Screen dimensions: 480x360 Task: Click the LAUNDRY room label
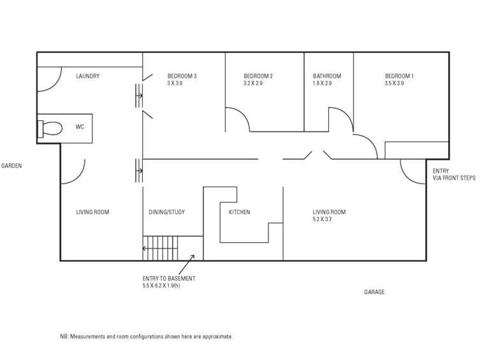87,76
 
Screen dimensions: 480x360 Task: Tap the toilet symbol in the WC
50,129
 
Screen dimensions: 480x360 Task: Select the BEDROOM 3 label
182,76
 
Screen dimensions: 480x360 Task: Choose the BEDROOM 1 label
399,76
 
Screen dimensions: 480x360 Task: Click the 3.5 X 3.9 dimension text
394,83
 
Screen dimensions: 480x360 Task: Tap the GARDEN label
11,166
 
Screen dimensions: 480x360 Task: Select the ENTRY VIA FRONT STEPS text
454,175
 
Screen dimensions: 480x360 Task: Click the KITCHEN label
239,212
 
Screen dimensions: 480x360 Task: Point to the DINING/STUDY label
166,212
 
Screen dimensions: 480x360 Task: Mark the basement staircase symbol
160,247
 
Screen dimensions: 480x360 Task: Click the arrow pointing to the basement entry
189,261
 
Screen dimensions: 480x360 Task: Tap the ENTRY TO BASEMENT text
169,278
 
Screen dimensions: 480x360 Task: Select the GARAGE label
374,292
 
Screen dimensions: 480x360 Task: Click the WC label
80,127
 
